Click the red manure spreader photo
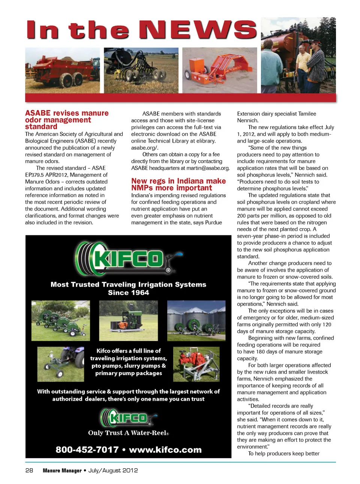tap(62, 70)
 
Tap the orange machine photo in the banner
tap(219, 70)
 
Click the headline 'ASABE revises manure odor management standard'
tap(67, 120)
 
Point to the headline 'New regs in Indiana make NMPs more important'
tap(178, 184)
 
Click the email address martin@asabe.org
tap(208, 168)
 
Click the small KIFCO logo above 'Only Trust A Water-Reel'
tap(129, 418)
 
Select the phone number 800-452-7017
tap(87, 449)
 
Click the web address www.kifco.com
tap(165, 449)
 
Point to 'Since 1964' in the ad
tap(129, 293)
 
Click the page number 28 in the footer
tap(29, 470)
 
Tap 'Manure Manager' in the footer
tap(62, 470)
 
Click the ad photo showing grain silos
tap(196, 320)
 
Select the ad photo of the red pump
tap(196, 364)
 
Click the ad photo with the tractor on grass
tap(60, 364)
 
